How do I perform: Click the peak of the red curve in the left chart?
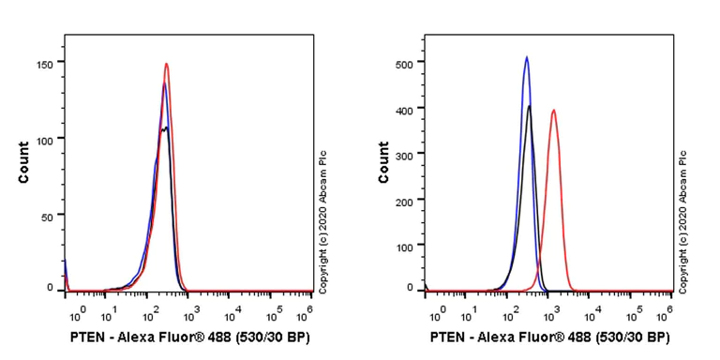tap(166, 65)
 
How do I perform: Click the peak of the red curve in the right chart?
tap(554, 111)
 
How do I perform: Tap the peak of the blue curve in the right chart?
tap(527, 57)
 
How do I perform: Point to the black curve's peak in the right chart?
tap(530, 106)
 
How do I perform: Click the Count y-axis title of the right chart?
tap(383, 162)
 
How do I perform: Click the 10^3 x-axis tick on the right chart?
tap(553, 309)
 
